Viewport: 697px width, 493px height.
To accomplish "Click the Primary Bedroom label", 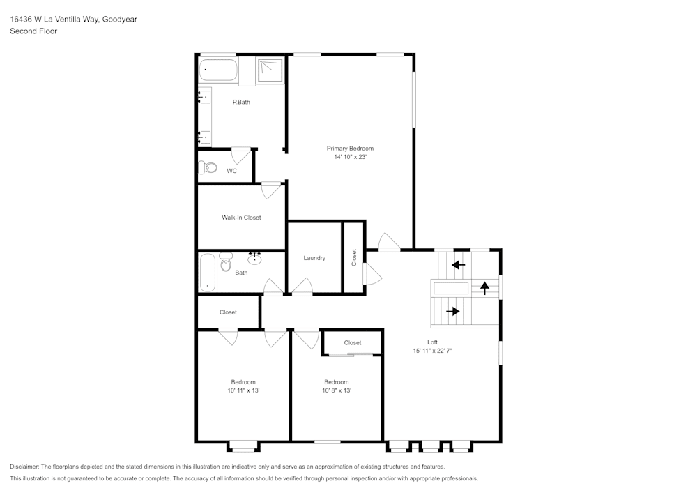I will pos(350,148).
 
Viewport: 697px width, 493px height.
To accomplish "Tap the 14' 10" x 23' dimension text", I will pos(350,158).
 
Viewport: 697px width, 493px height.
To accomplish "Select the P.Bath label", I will pos(241,103).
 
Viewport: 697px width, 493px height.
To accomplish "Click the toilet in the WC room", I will pos(208,168).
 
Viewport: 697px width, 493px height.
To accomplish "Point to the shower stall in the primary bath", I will pos(270,70).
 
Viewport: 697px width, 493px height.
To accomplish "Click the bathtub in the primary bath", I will pos(218,70).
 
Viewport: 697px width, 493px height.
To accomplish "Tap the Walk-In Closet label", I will pos(241,218).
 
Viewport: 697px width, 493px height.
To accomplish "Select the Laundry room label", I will pos(314,258).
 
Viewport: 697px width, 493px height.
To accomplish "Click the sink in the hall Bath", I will pos(255,259).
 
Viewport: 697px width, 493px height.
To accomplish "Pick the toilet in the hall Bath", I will pos(225,263).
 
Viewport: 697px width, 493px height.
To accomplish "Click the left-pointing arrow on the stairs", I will pos(458,265).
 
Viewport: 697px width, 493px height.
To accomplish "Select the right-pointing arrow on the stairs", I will pos(453,311).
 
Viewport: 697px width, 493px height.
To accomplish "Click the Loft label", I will pos(432,342).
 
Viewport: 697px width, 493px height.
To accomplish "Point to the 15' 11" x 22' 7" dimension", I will pos(432,351).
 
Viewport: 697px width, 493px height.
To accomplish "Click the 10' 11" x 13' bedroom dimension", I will pos(243,391).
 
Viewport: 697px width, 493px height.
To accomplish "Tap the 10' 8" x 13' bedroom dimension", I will pos(336,391).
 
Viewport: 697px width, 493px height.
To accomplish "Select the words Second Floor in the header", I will pos(33,31).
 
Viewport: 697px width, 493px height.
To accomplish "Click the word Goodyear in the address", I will pos(119,20).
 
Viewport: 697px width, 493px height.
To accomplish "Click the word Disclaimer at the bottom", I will pos(25,467).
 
